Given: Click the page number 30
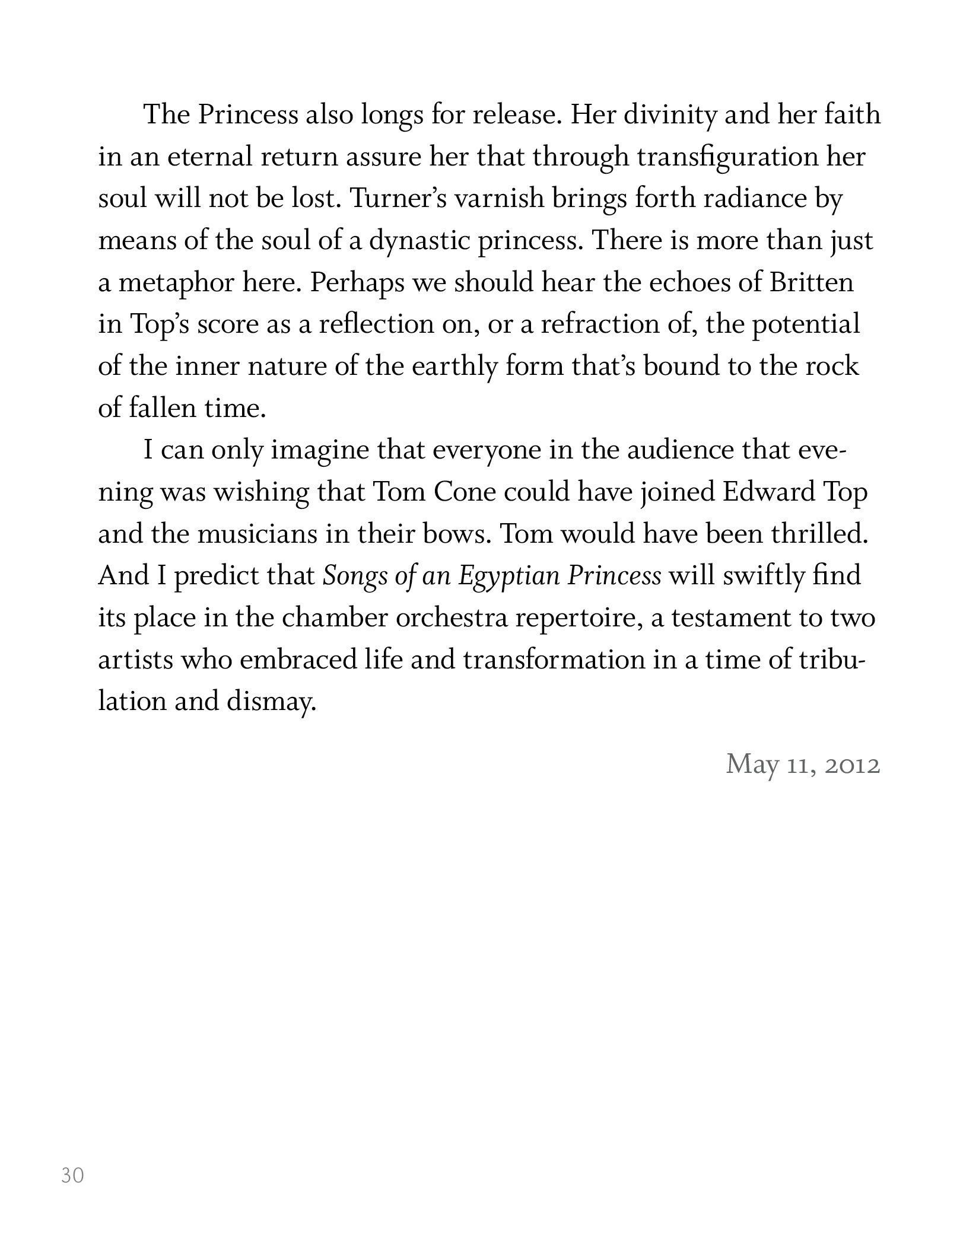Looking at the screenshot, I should click(x=72, y=1175).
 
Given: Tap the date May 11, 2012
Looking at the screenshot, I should click(x=803, y=764).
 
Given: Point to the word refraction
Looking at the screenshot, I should click(x=599, y=324).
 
